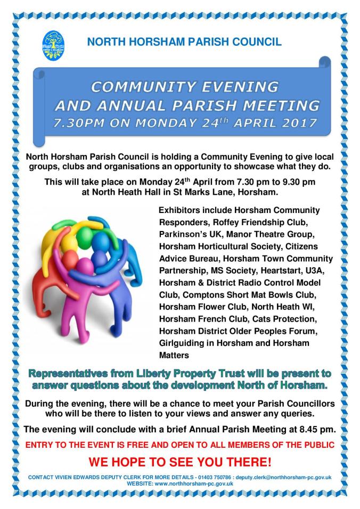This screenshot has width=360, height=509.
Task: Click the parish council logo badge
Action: click(x=53, y=45)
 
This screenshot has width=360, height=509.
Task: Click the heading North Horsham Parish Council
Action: click(x=184, y=42)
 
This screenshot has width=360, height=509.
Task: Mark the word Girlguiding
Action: click(x=183, y=343)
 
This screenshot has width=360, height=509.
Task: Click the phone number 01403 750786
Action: click(x=214, y=478)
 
